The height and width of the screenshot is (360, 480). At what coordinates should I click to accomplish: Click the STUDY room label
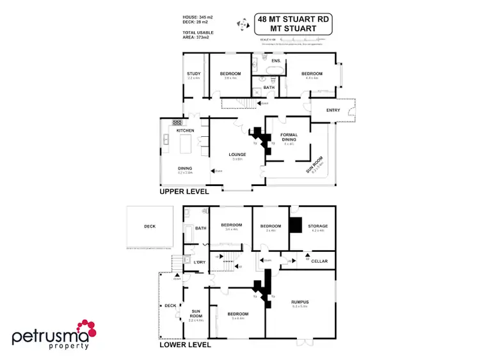194,74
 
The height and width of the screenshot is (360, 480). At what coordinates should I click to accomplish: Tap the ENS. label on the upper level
276,61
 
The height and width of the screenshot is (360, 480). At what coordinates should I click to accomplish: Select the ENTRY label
333,110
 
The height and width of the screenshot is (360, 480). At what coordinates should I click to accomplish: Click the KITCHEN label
186,130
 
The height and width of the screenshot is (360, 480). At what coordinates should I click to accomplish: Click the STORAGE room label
318,226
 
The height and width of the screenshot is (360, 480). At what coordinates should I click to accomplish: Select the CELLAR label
319,261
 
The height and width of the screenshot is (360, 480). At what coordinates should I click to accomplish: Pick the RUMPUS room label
300,302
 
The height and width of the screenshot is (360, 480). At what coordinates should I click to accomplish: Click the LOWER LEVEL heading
184,345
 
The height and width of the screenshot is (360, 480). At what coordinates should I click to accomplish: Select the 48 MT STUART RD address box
293,24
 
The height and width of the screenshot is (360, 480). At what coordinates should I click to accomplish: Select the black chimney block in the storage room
296,225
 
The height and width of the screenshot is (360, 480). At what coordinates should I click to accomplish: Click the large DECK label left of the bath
150,226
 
